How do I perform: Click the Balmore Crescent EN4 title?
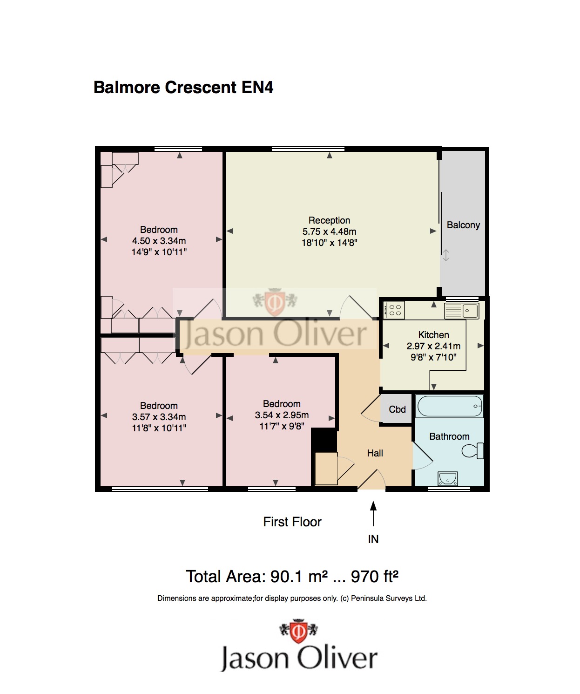coord(183,88)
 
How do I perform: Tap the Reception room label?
coord(329,220)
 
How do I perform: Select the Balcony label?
coord(463,225)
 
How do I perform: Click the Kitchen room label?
coord(433,335)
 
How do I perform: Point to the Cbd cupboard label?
coord(397,409)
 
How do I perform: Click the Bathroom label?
coord(449,436)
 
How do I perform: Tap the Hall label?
coord(375,453)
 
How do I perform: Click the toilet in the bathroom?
coord(472,451)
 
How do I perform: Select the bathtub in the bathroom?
coord(450,406)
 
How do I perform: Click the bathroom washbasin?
coord(448,479)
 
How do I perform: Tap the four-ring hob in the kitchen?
coord(394,311)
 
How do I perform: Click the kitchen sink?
coord(462,311)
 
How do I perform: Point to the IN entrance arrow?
coord(373,514)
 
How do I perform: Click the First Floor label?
coord(292,522)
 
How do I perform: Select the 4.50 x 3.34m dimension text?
coord(159,241)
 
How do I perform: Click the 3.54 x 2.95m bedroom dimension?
coord(282,415)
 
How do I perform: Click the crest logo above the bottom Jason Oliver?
coord(298,631)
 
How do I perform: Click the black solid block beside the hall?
coord(324,439)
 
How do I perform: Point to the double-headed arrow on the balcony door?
coord(446,255)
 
